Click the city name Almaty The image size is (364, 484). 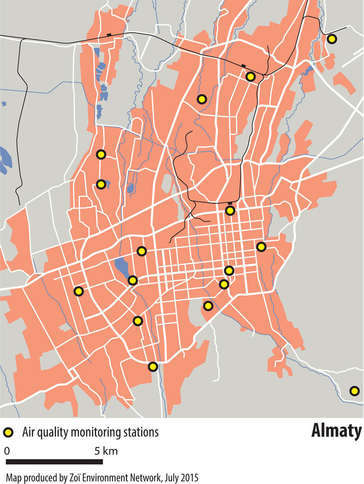click(336, 431)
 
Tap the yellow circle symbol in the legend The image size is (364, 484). click(8, 432)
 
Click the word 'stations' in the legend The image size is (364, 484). click(140, 432)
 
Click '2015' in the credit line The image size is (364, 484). click(189, 477)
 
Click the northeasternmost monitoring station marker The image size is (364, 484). click(332, 39)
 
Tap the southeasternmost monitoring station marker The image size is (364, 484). click(354, 391)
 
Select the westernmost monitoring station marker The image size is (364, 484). click(79, 291)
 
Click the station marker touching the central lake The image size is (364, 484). click(133, 280)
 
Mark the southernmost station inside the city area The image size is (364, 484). click(152, 366)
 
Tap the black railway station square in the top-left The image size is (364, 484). click(109, 35)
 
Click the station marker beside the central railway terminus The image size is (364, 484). click(230, 210)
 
